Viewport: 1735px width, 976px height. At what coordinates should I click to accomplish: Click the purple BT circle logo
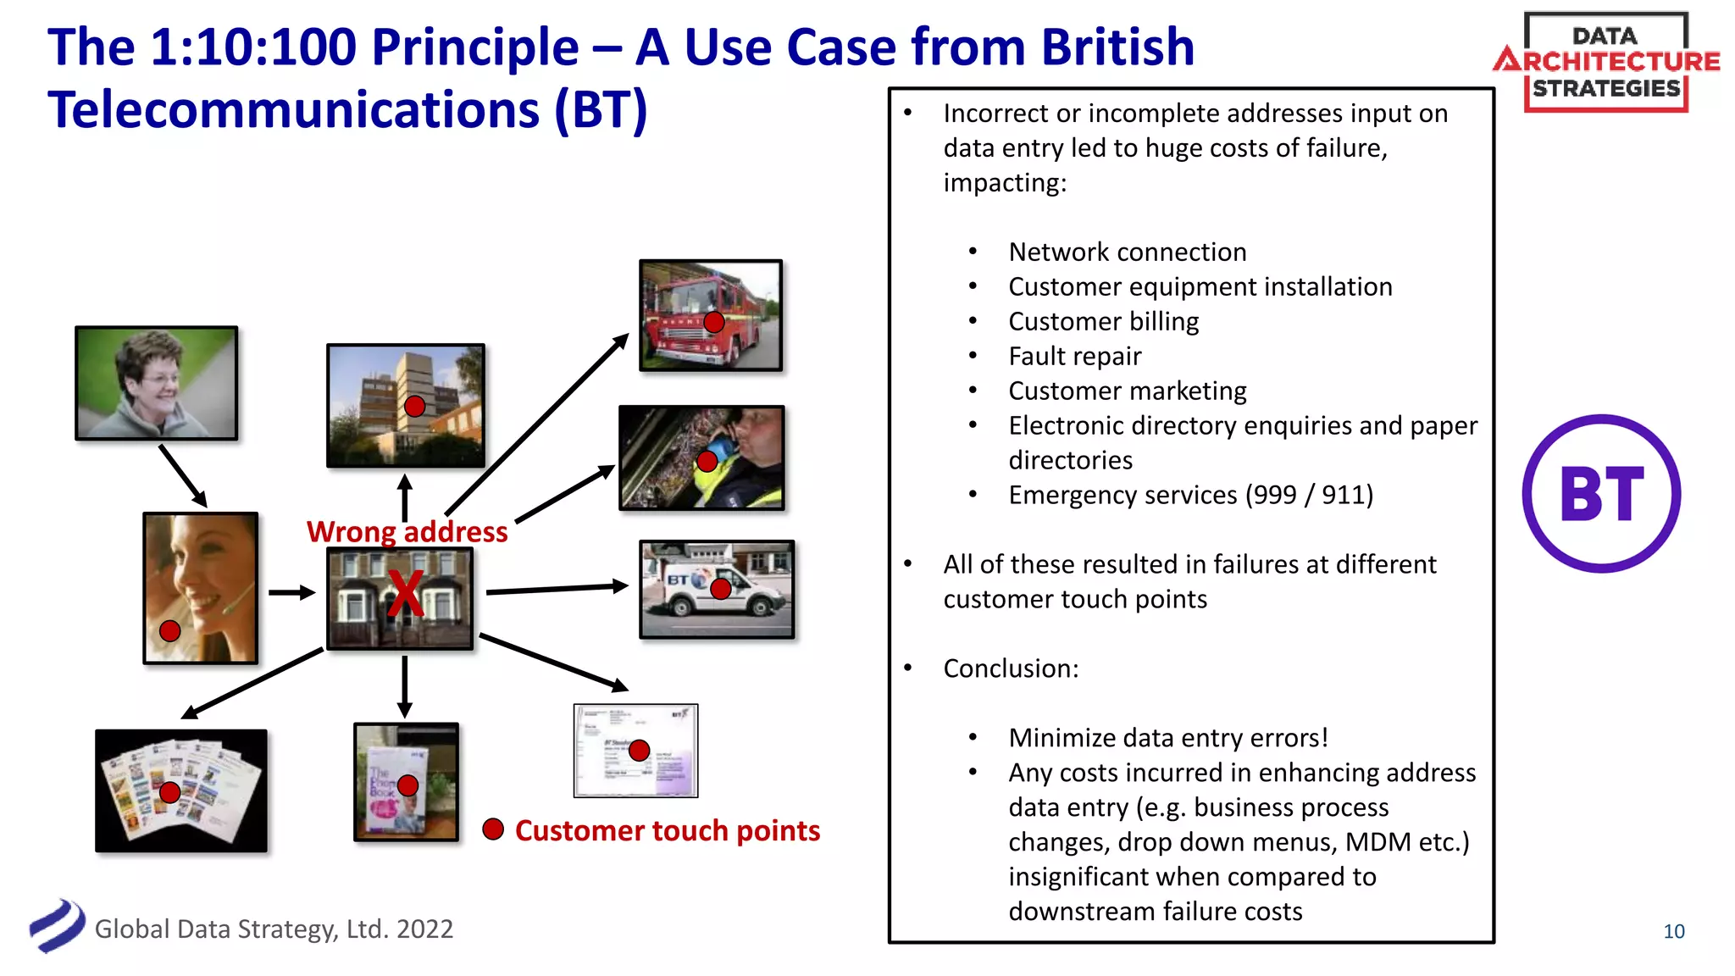tap(1601, 494)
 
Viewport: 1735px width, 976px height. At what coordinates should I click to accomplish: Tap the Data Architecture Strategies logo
tap(1606, 62)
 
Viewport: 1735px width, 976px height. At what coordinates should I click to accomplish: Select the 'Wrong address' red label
tap(407, 532)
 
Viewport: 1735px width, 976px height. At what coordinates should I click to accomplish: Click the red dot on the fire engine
tap(714, 322)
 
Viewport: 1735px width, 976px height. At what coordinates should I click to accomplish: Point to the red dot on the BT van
tap(721, 589)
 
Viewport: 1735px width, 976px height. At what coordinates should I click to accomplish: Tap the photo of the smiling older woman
tap(156, 383)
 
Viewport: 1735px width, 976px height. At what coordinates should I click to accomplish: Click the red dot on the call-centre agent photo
tap(170, 631)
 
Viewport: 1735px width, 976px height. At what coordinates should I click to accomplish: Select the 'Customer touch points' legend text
tap(667, 831)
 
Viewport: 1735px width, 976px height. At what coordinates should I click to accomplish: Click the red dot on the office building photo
tap(414, 407)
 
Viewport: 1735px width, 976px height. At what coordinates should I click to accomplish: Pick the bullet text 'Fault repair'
tap(1074, 357)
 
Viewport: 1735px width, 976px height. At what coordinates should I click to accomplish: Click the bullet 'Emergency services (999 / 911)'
tap(1190, 495)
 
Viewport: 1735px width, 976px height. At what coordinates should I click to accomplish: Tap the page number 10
tap(1673, 932)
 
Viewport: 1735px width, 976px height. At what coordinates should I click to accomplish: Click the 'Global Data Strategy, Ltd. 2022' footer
tap(274, 929)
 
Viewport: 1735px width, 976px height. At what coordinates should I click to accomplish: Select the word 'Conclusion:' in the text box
tap(1011, 668)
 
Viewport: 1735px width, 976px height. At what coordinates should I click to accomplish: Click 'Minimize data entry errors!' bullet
tap(1167, 738)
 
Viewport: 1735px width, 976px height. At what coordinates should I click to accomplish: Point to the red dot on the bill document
tap(640, 750)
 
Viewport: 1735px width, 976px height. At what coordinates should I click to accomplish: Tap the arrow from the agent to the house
tap(291, 592)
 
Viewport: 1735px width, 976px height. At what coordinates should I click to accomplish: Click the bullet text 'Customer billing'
tap(1103, 322)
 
